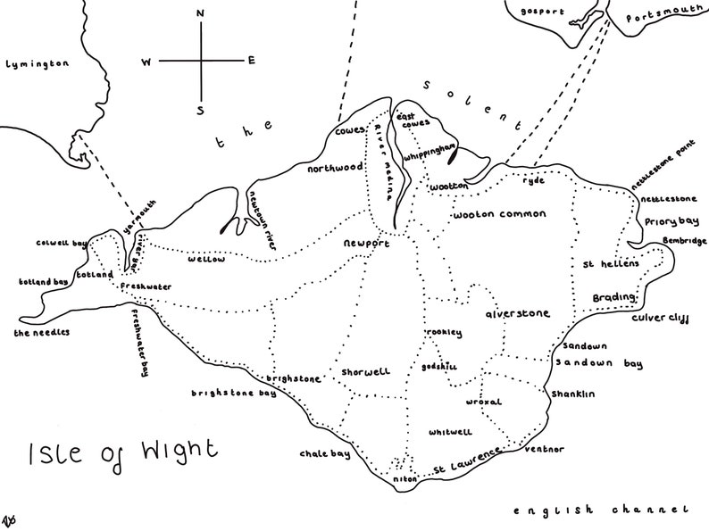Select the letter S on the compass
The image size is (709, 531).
200,110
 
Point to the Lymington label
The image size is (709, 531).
37,64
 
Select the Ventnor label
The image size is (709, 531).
544,449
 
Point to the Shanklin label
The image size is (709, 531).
573,394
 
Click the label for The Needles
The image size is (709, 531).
41,332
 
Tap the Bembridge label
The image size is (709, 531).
682,242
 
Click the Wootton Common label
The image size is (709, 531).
500,215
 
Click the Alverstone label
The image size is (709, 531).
517,314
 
